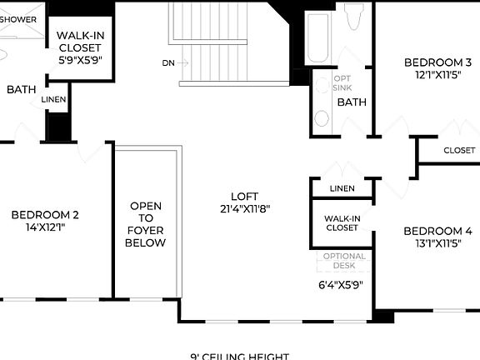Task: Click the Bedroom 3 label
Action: click(437, 62)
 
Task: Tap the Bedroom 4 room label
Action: click(437, 231)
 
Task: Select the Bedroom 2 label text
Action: click(45, 215)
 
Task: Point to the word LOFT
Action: click(245, 197)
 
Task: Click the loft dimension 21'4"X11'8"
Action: click(245, 209)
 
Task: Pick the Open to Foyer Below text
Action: click(146, 224)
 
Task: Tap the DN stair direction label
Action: click(169, 62)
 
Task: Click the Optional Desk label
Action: click(343, 261)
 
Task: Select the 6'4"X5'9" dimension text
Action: click(341, 284)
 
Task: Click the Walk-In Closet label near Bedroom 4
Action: click(342, 222)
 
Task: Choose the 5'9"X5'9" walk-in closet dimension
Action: click(79, 60)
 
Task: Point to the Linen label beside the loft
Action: click(342, 188)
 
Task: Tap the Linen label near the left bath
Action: click(54, 100)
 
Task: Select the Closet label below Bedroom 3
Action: click(459, 151)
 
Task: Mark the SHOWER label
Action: click(18, 19)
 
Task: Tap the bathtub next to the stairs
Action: click(317, 42)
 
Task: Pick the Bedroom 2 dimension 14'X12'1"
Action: click(45, 227)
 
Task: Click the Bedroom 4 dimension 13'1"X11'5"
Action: click(437, 244)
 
